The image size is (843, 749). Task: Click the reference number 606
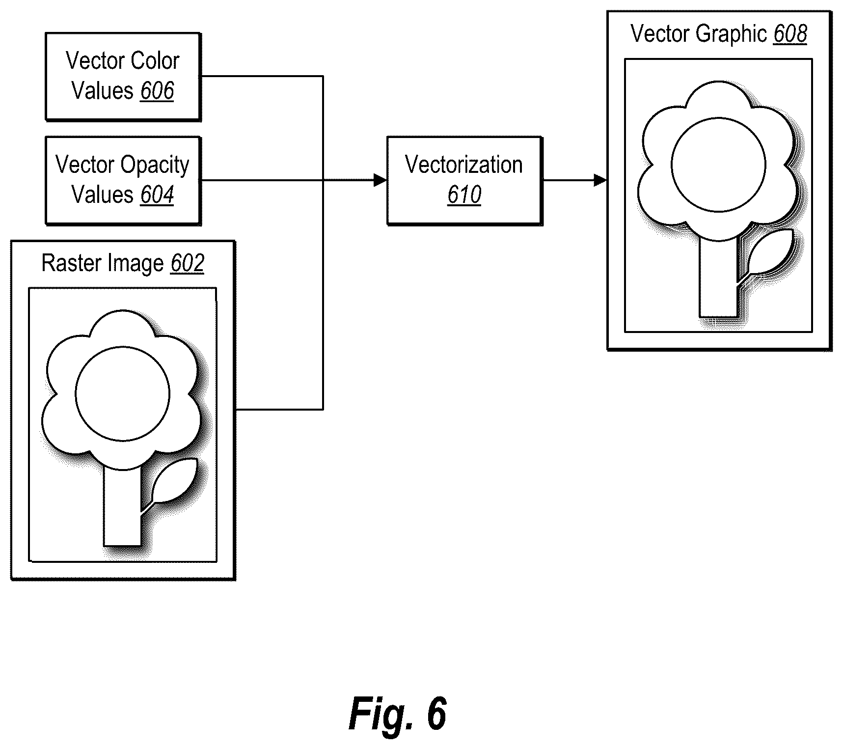click(x=157, y=91)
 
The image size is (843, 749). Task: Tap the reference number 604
click(x=157, y=195)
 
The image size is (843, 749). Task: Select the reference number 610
click(x=464, y=195)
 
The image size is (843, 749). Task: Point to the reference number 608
click(x=790, y=34)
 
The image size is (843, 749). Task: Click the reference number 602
click(x=187, y=263)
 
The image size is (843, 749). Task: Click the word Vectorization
click(x=464, y=165)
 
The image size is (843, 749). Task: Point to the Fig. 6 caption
click(x=397, y=714)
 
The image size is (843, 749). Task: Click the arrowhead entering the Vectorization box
click(x=381, y=180)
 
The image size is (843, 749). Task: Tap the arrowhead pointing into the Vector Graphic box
click(x=600, y=180)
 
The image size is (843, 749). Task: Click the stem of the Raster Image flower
click(x=122, y=506)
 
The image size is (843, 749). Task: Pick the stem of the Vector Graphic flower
click(x=718, y=277)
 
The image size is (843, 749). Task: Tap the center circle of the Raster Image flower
click(x=123, y=393)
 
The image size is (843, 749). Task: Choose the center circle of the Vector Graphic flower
click(x=718, y=165)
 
